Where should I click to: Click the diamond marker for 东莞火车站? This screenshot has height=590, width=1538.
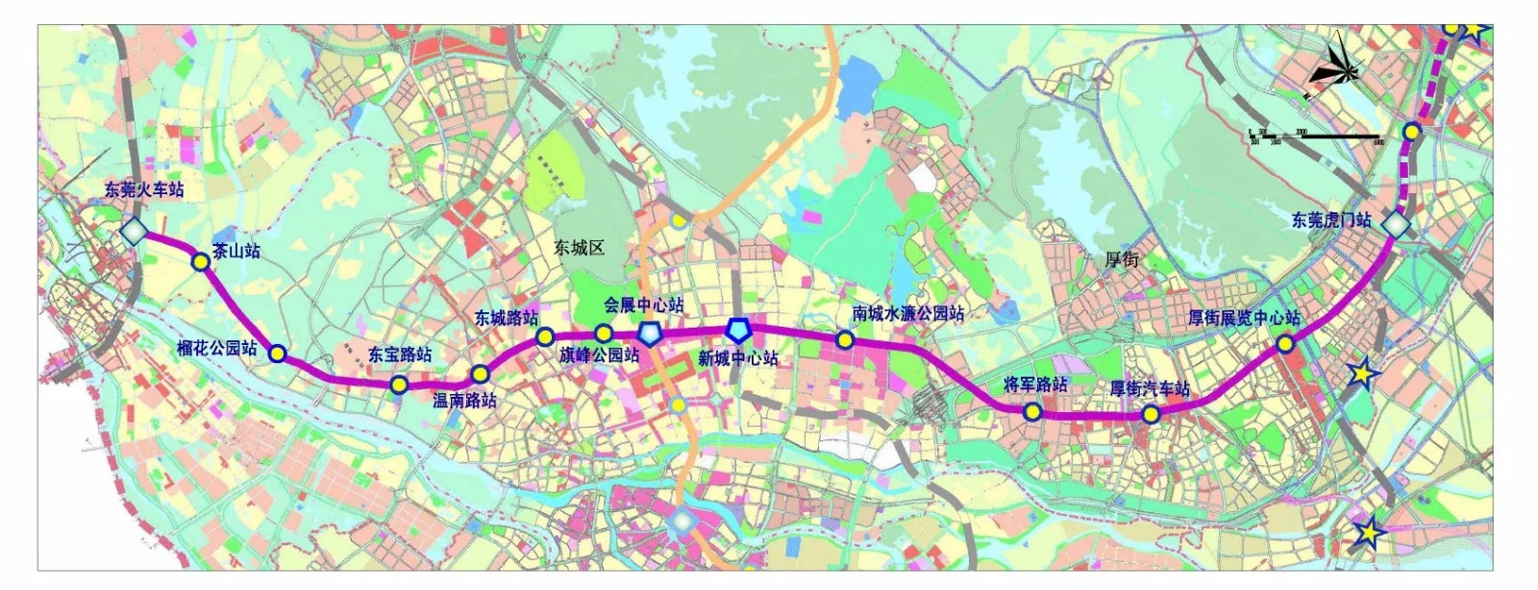134,231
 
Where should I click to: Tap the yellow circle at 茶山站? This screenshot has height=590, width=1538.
200,261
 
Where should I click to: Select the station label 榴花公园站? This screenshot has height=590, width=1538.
217,348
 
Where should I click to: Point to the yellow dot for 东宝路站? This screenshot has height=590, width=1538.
398,385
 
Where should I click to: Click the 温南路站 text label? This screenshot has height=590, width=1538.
464,400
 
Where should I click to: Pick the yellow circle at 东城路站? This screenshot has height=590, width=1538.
544,336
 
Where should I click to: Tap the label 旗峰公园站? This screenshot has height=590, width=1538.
599,355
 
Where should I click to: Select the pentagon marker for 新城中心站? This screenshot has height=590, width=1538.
738,330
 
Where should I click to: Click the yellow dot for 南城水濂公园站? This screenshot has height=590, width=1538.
845,339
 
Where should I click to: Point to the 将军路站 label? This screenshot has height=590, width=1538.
1035,384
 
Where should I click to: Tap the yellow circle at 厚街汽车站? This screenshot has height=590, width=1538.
1150,415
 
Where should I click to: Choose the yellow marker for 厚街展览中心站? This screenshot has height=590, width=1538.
1284,345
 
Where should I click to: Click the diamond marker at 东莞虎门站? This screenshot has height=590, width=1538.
1395,224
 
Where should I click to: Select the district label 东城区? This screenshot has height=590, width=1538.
579,248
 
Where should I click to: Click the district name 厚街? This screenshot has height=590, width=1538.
1122,259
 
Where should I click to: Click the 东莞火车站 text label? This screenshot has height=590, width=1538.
144,189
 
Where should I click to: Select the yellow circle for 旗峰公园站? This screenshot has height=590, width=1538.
604,333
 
